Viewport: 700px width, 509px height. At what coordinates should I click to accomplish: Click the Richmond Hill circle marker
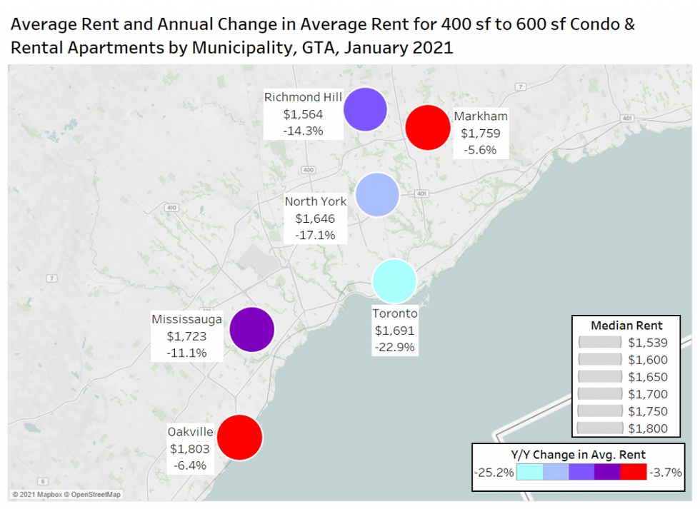[x=365, y=110]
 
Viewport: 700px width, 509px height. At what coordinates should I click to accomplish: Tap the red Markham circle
[x=427, y=127]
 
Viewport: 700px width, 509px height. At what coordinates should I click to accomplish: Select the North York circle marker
[x=376, y=194]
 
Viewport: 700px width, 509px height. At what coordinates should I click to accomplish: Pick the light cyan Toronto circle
[x=394, y=281]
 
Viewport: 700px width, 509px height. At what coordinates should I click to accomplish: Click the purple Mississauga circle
[x=252, y=330]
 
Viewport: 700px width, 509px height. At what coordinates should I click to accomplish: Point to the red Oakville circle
[x=240, y=437]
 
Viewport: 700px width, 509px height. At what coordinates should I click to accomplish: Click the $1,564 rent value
[x=303, y=114]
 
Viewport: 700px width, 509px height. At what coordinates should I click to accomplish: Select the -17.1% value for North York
[x=315, y=235]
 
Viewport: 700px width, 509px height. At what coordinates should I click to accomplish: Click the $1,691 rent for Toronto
[x=394, y=331]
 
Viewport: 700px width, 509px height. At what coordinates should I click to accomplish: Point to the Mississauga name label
[x=186, y=318]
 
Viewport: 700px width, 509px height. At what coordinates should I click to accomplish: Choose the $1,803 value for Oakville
[x=189, y=448]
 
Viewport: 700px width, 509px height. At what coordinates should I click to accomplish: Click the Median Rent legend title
[x=626, y=326]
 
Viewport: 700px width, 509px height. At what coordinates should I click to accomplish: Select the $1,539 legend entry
[x=648, y=343]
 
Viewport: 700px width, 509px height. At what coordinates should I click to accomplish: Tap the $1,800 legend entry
[x=648, y=428]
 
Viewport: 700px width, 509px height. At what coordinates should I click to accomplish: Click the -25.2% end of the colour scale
[x=494, y=473]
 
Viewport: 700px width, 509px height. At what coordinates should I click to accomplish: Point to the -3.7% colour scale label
[x=664, y=473]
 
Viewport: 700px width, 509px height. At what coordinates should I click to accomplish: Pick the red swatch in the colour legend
[x=633, y=473]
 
